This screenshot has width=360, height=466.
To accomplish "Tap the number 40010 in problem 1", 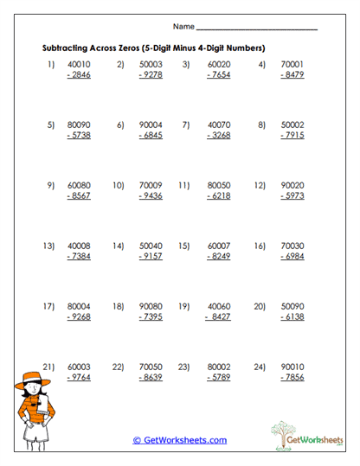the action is click(x=79, y=64).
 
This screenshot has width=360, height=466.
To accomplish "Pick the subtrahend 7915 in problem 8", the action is click(x=292, y=136).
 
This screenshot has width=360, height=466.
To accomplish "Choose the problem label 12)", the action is click(x=259, y=185).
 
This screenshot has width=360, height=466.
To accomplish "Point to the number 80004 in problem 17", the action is click(x=79, y=306).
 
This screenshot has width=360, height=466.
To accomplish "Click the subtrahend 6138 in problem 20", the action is click(x=292, y=317).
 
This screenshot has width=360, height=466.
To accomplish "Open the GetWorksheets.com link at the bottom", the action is click(x=180, y=440).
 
